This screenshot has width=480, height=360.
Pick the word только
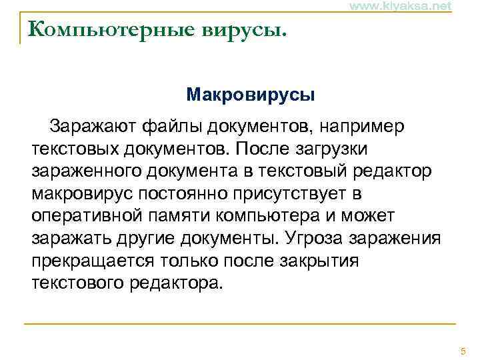(x=193, y=261)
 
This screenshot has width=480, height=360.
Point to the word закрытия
(x=321, y=261)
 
